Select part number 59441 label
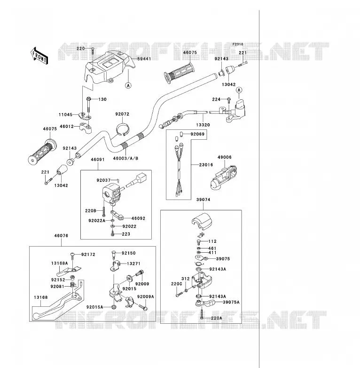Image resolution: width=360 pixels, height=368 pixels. pos(144,59)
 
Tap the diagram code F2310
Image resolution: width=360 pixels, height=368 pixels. pos(238,44)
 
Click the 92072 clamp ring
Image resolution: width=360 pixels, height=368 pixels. pos(123,129)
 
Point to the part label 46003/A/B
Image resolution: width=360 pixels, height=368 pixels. pos(125,159)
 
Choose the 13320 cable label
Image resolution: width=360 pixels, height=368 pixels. pos(203,125)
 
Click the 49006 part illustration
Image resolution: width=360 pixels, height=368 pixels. pos(224,177)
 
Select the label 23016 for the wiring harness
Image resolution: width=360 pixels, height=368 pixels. pos(206,165)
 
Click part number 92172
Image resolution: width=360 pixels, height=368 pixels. pos(88,255)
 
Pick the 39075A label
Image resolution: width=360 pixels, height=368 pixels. pos(231,302)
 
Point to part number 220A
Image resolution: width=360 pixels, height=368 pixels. pos(216,318)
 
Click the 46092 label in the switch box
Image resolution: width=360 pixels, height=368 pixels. pos(138,218)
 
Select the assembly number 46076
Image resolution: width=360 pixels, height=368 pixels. pos(61,236)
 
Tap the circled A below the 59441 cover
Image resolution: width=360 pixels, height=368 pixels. pos(128,86)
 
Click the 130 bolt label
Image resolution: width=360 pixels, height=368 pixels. pos(102,99)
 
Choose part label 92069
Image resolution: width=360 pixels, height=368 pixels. pos(197,134)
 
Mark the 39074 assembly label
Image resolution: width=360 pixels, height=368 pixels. pos(203,200)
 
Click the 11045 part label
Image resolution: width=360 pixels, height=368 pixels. pos(65,114)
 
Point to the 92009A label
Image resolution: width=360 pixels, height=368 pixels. pos(146,296)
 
